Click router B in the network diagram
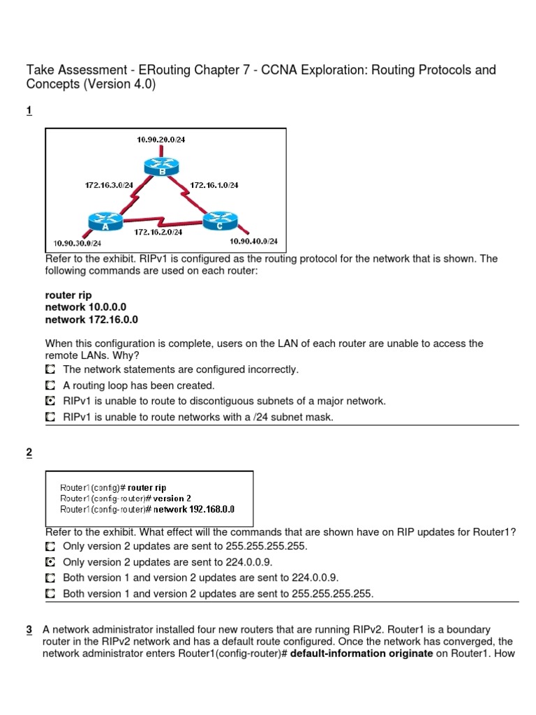click(161, 167)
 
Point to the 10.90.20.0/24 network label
click(161, 140)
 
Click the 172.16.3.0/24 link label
click(108, 185)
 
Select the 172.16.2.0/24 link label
click(158, 231)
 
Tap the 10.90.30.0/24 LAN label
click(77, 243)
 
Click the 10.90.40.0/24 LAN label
click(254, 242)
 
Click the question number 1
click(29, 110)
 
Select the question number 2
click(29, 453)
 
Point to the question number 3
click(29, 630)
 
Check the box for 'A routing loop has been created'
click(50, 385)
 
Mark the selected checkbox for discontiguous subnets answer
click(50, 401)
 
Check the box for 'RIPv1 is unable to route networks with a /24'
click(50, 418)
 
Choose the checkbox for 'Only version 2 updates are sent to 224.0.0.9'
click(50, 562)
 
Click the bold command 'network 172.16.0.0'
click(91, 320)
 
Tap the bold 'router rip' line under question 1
click(68, 295)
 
